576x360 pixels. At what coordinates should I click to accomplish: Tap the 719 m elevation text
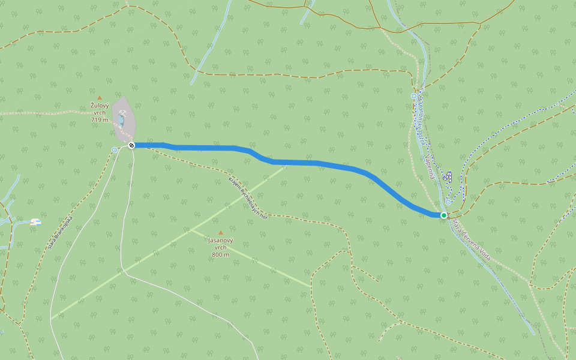tap(100, 120)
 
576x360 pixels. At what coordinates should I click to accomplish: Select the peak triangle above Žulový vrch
tap(100, 97)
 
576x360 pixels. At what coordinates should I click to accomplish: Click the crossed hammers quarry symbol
tap(123, 112)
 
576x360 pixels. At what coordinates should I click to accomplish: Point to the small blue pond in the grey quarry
tap(121, 120)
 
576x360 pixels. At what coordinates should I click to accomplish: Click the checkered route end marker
tap(131, 145)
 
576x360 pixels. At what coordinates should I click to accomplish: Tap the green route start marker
tap(444, 215)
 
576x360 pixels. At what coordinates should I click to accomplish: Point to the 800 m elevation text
tap(220, 255)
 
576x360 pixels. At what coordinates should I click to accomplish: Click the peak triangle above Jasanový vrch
tap(220, 232)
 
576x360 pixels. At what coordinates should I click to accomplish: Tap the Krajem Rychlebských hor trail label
tap(248, 197)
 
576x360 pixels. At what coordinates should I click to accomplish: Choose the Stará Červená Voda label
tap(472, 238)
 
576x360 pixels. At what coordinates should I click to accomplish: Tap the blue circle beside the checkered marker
tap(115, 150)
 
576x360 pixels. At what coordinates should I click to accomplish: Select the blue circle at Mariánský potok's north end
tap(413, 96)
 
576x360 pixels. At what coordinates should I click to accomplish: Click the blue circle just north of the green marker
tap(448, 202)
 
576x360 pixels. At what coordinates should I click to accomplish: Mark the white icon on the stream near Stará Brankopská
tap(35, 222)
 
